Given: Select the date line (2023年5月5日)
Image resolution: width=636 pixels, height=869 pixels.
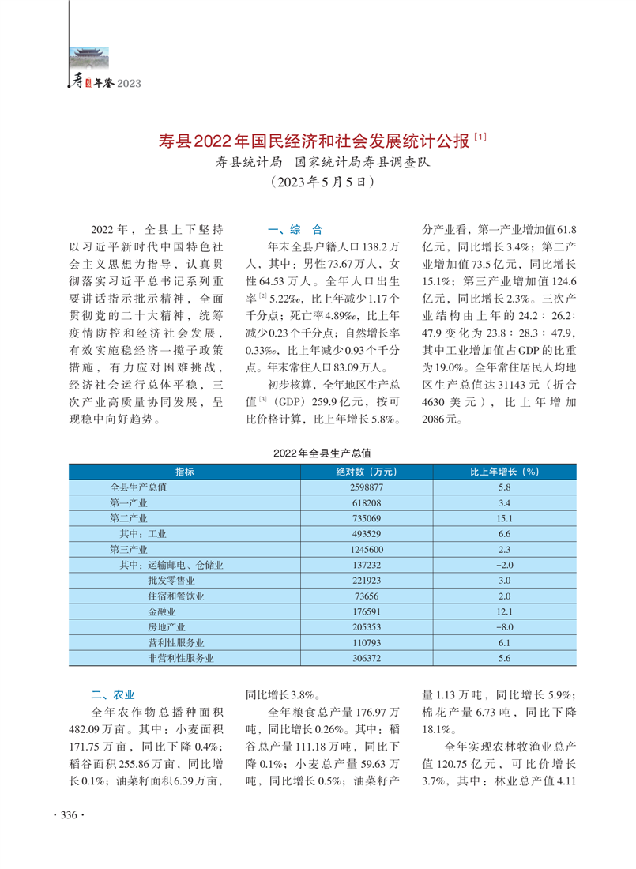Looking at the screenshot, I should (318, 182).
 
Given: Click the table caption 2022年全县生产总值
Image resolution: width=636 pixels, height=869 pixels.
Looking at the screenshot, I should (322, 454).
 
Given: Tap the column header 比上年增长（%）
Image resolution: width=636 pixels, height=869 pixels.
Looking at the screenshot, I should (505, 472).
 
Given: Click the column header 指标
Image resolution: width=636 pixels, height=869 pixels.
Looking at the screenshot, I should (185, 472).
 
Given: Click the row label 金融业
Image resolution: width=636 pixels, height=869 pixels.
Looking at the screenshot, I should (161, 611).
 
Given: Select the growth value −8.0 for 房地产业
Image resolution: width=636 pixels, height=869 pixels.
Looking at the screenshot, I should (505, 626).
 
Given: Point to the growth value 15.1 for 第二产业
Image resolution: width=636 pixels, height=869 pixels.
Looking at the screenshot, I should (505, 518).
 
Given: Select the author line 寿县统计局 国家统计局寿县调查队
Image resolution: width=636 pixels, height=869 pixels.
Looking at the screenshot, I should (316, 164).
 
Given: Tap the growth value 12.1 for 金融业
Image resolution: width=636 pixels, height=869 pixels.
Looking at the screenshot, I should (505, 611).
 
